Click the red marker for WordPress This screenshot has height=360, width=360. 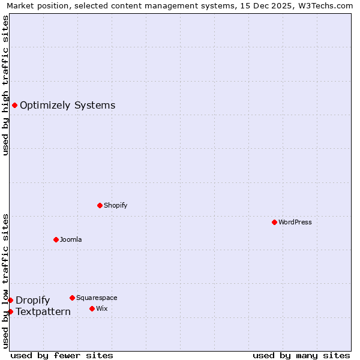pyautogui.click(x=274, y=222)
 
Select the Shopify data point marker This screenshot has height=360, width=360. pyautogui.click(x=100, y=205)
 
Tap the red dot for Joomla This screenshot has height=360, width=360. pyautogui.click(x=56, y=239)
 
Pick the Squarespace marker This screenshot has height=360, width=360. pyautogui.click(x=72, y=298)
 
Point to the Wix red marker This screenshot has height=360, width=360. pyautogui.click(x=92, y=308)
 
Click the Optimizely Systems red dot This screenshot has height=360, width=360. pyautogui.click(x=14, y=106)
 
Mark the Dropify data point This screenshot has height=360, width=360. pyautogui.click(x=10, y=300)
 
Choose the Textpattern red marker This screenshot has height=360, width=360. pyautogui.click(x=10, y=311)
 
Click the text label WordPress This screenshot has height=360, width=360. pyautogui.click(x=295, y=222)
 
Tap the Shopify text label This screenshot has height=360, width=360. pyautogui.click(x=115, y=205)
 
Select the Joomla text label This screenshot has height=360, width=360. pyautogui.click(x=71, y=239)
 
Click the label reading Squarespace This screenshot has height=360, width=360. pyautogui.click(x=97, y=298)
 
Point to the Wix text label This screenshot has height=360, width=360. pyautogui.click(x=101, y=308)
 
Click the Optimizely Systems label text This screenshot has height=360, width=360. pyautogui.click(x=67, y=106)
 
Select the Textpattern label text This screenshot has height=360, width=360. pyautogui.click(x=43, y=311)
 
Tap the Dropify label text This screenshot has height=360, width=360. pyautogui.click(x=32, y=300)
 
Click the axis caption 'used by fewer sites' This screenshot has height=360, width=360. pyautogui.click(x=62, y=355)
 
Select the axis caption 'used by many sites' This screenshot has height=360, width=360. pyautogui.click(x=301, y=355)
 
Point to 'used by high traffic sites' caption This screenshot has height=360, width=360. pyautogui.click(x=5, y=85)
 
